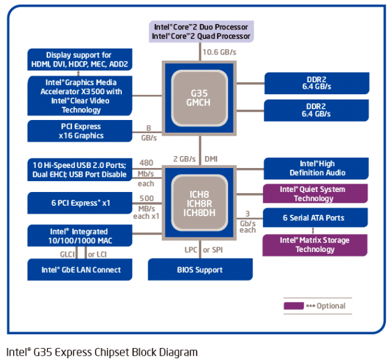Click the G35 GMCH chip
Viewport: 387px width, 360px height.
click(x=200, y=96)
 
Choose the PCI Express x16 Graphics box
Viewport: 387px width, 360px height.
click(x=80, y=131)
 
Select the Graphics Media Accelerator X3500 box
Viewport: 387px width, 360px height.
click(x=80, y=96)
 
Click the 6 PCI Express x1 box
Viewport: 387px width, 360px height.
click(x=80, y=203)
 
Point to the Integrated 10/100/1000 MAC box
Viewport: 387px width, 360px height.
click(x=80, y=236)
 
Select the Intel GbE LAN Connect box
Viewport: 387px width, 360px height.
click(x=80, y=270)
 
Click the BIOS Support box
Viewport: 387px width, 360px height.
click(x=199, y=270)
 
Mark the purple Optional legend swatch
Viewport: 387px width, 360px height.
click(x=294, y=306)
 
